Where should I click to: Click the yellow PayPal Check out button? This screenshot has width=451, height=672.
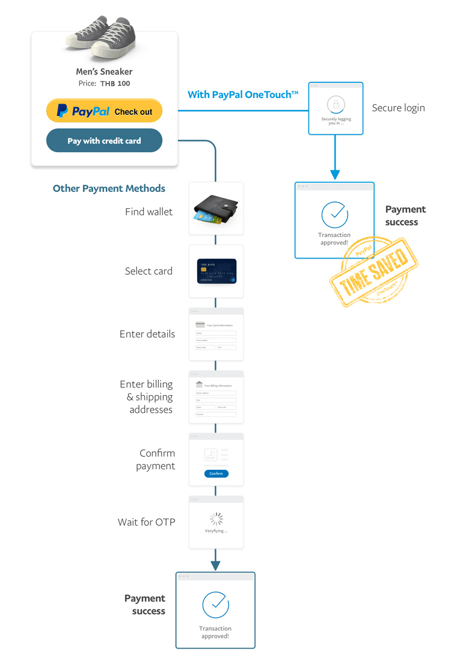tap(104, 111)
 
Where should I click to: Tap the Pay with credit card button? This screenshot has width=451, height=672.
tap(104, 141)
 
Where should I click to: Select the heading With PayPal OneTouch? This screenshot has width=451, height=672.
tap(243, 94)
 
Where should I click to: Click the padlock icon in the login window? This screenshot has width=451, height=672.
tap(336, 104)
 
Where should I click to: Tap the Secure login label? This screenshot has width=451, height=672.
tap(398, 108)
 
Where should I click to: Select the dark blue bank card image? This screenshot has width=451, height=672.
tap(216, 271)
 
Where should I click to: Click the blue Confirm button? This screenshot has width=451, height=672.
tap(216, 473)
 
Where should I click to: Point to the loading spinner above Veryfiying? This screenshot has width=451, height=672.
tap(216, 519)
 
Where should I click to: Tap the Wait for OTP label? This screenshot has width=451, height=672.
tap(146, 522)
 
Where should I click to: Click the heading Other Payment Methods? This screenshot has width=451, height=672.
tap(109, 188)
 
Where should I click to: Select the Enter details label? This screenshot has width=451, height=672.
tap(147, 334)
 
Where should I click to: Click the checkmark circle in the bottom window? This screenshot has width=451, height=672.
tap(215, 605)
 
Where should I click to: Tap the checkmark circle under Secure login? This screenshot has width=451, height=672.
tap(334, 214)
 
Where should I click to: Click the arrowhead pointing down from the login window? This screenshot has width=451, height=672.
tap(335, 174)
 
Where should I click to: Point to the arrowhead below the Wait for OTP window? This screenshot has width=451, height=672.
tap(215, 566)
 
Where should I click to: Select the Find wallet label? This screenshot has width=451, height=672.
tap(149, 212)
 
